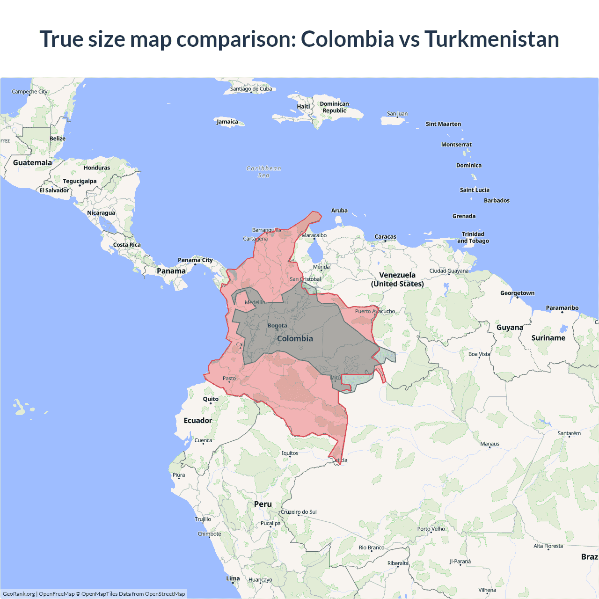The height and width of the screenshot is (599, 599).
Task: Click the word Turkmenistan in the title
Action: point(491,39)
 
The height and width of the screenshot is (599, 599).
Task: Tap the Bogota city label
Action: point(278,326)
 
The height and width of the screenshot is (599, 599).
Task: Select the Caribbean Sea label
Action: point(264,172)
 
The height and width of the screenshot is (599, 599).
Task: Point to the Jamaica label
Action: point(227,122)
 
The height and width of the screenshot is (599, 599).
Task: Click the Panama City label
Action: point(195,260)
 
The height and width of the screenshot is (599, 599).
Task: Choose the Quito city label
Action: point(211,399)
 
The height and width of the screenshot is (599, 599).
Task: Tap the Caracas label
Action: point(386,237)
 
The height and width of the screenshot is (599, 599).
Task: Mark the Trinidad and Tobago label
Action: point(473,237)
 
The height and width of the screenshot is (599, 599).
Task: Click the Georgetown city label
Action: point(517,293)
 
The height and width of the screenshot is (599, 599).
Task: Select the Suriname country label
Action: point(548,338)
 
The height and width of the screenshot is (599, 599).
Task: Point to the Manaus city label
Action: point(490,444)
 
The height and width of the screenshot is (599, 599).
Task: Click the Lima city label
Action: point(233,578)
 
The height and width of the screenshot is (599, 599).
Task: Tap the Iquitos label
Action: point(290,453)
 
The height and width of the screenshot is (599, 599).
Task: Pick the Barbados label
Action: point(497,200)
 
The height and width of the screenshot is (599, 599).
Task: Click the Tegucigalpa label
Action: point(80,181)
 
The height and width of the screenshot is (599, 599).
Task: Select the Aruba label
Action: point(339,211)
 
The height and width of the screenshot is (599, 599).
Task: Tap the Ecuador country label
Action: point(198,420)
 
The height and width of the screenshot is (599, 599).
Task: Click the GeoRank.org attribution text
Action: point(19,594)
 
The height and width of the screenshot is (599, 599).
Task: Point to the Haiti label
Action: point(303,106)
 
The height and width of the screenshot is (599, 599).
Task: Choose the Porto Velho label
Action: point(431,529)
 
